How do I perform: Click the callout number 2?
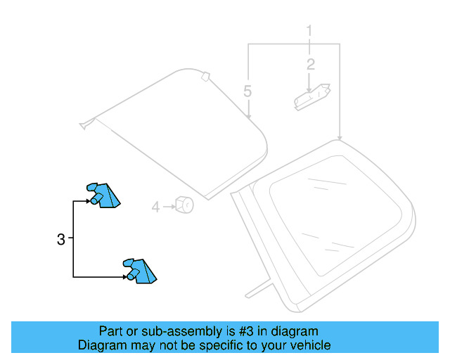pos(310,65)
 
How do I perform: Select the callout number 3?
pos(60,239)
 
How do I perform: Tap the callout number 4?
pos(155,207)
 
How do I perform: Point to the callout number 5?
pos(247,91)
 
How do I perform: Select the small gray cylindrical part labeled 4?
pos(185,205)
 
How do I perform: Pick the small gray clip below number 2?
pos(311,96)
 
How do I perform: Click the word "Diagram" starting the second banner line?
pos(101,345)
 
